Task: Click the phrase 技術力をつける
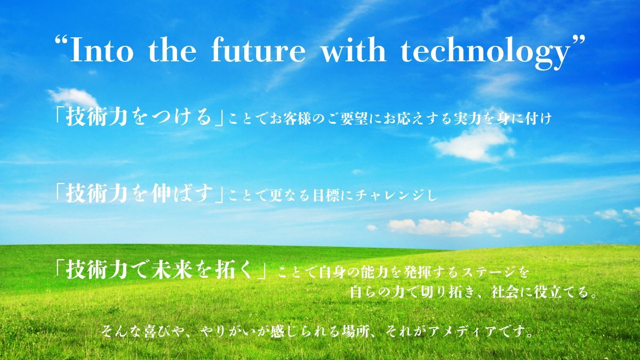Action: coord(139,118)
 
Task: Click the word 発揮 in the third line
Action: coord(415,273)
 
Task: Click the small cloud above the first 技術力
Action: coord(74,97)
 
